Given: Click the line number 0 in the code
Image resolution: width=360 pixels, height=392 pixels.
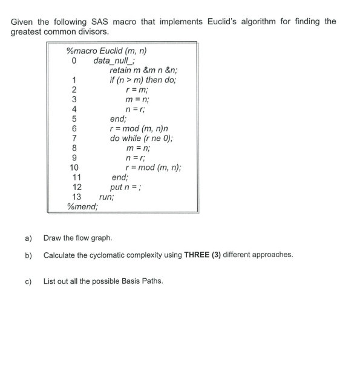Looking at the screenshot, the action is [x=73, y=60].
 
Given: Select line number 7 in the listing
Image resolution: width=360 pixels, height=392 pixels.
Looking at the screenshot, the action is [x=73, y=138].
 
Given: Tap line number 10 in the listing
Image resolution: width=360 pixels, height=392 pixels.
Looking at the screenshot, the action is [x=73, y=167].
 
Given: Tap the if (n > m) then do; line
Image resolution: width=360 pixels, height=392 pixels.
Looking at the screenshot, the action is [x=142, y=80].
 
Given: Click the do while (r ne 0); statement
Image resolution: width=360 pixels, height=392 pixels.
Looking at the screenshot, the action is [x=141, y=138].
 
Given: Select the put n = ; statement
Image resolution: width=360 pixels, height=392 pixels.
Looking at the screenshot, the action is [x=126, y=187].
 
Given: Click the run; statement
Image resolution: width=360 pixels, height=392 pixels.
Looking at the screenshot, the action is [x=106, y=197].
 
